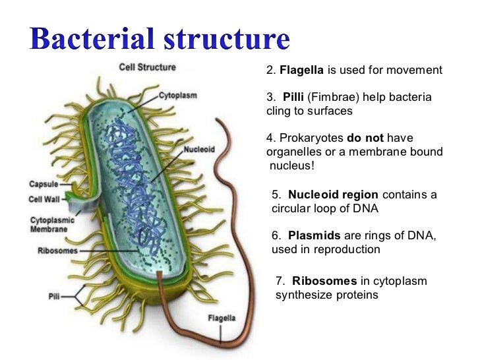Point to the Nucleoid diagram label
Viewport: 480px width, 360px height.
click(x=199, y=149)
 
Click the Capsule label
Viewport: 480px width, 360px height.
click(x=43, y=185)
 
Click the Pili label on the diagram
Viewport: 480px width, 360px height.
click(x=55, y=297)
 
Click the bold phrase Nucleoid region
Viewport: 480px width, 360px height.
click(x=333, y=195)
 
